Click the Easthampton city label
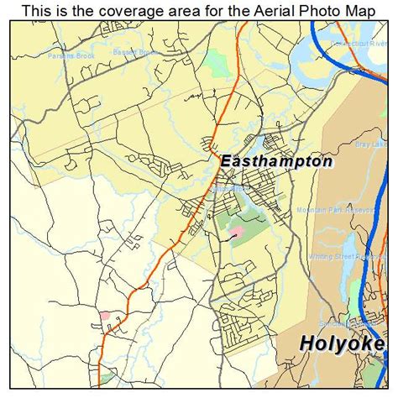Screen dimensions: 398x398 point(276,160)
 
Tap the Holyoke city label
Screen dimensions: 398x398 point(342,343)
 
